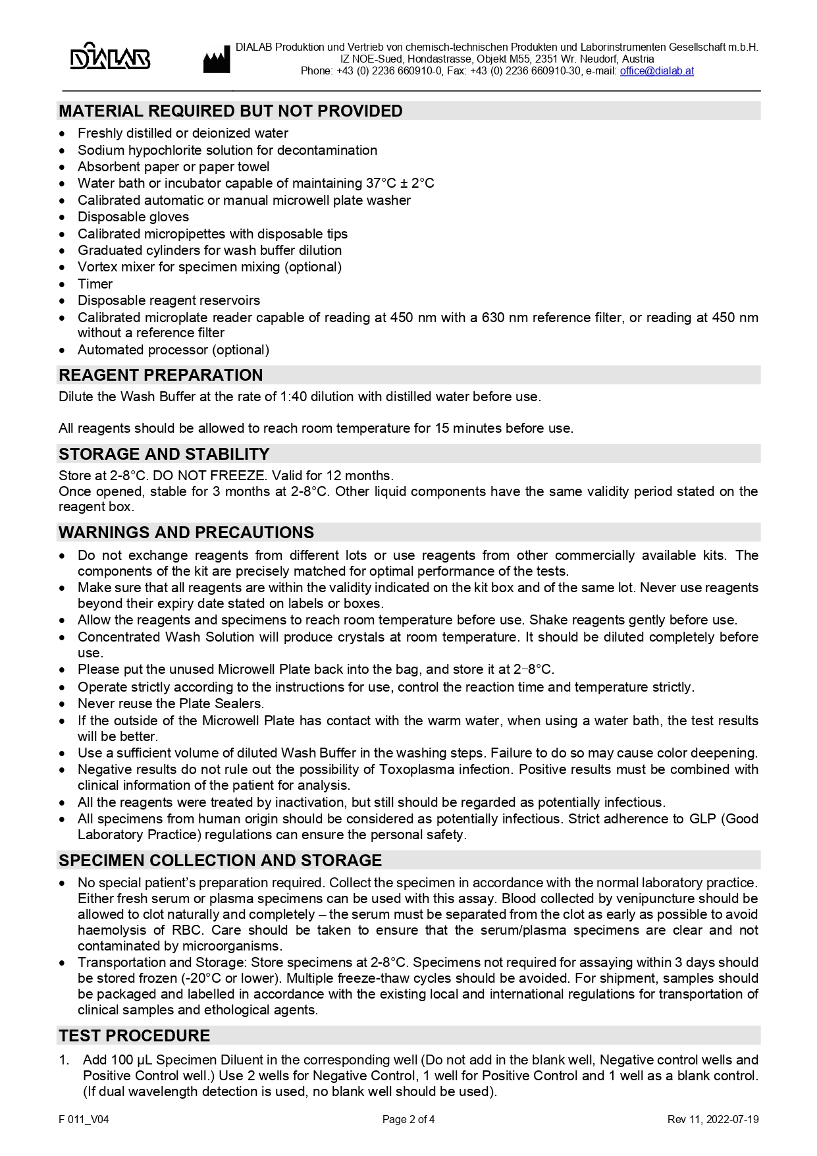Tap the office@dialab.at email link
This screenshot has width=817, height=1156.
[x=656, y=71]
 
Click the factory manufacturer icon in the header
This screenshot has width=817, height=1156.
[x=216, y=61]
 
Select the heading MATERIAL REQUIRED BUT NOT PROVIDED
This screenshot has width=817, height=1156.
[x=230, y=111]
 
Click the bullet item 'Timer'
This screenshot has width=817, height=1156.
[x=95, y=284]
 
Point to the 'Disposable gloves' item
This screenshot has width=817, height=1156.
[x=133, y=217]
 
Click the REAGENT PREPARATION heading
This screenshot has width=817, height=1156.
[x=161, y=375]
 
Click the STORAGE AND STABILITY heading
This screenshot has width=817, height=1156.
[x=164, y=454]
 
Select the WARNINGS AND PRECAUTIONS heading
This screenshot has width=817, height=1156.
[x=186, y=532]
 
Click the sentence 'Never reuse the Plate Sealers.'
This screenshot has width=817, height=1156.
[x=171, y=703]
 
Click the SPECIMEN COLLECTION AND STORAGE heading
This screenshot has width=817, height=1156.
[x=220, y=860]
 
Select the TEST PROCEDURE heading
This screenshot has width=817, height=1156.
[x=134, y=1035]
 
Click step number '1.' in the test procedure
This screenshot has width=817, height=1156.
[x=64, y=1060]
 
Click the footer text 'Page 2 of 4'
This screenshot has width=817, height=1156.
[x=408, y=1119]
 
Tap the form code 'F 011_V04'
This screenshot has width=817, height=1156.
[x=84, y=1119]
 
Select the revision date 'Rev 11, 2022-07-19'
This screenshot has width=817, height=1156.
[x=712, y=1119]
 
